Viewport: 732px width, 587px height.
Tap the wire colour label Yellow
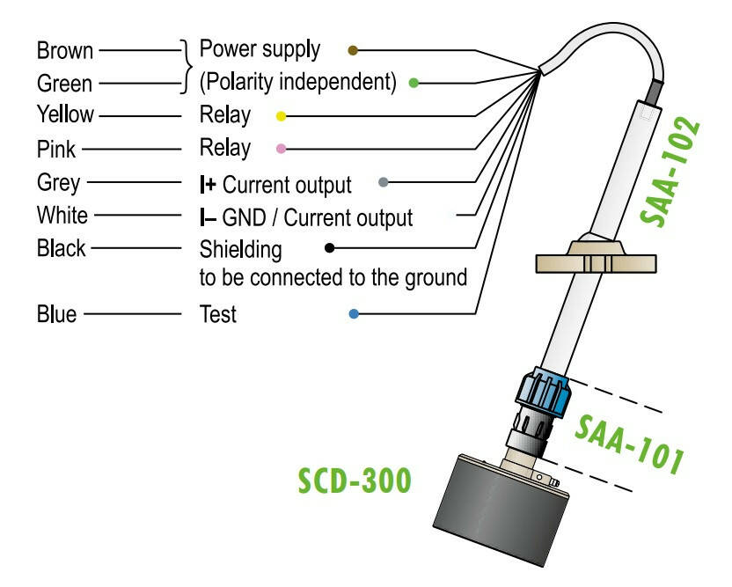[63, 114]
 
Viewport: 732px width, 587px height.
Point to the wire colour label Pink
[55, 148]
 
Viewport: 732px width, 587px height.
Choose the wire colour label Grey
[58, 183]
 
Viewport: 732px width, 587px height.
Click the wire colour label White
[61, 216]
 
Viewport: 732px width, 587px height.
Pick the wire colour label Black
[61, 248]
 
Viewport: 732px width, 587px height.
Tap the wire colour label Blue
[56, 313]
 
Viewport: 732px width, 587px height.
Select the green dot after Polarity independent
[413, 84]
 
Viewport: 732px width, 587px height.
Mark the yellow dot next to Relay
[281, 115]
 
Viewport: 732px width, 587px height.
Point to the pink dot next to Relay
[281, 149]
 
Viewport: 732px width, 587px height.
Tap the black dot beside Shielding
[330, 248]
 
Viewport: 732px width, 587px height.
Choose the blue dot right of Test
[354, 313]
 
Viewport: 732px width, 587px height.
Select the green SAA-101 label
[630, 444]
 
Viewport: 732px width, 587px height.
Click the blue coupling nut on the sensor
[542, 393]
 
